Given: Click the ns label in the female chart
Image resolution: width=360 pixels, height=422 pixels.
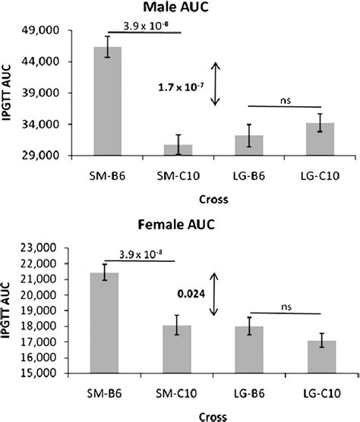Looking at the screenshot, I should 285,307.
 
